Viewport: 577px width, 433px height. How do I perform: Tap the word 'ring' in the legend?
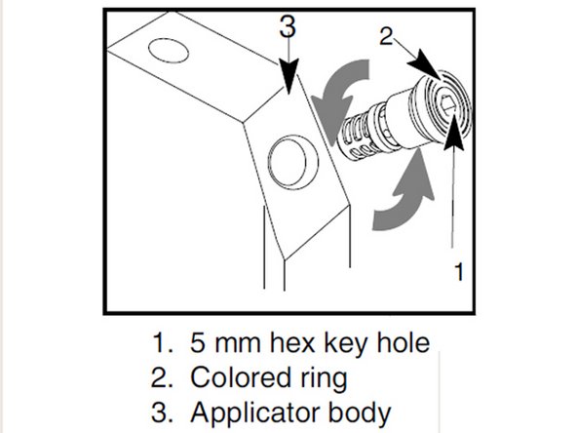click(322, 377)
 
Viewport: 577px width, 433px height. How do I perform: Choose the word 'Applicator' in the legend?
click(254, 410)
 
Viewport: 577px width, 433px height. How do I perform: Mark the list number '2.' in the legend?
click(162, 375)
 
